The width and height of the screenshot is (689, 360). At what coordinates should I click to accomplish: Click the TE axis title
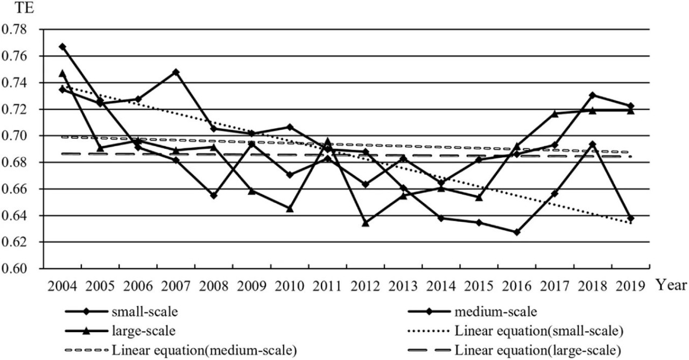tap(24, 8)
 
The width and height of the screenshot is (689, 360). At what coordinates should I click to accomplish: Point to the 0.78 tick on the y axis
tap(14, 30)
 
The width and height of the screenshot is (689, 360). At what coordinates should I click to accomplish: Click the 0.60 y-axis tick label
tap(14, 269)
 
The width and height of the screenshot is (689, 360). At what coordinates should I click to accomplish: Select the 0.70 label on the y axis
tap(14, 136)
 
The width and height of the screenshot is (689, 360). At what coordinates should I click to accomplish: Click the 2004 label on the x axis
tap(62, 286)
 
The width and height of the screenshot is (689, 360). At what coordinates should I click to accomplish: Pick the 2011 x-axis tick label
tap(328, 286)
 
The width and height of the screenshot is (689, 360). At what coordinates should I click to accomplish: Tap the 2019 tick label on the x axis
tap(630, 286)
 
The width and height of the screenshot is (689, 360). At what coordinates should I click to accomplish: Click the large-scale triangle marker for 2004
tap(62, 74)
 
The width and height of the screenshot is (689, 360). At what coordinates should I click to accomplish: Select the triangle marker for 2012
tap(365, 223)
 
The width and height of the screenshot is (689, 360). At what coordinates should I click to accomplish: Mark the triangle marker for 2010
tap(290, 209)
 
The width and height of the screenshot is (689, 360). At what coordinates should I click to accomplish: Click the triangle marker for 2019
tap(630, 111)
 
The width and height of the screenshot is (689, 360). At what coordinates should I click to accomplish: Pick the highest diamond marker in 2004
tap(62, 47)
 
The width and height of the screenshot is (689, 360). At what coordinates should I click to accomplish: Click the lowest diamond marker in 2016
tap(517, 232)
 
